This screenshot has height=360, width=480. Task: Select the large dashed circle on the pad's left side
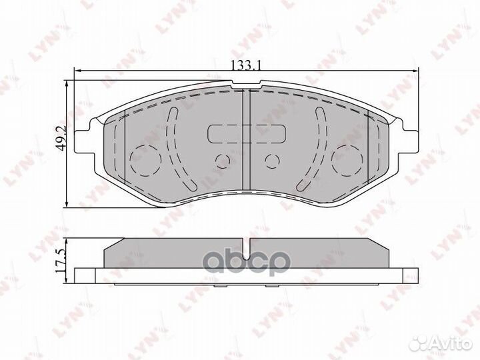[x=143, y=158]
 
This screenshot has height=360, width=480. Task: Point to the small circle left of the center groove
[x=222, y=160]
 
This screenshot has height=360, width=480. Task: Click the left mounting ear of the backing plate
[x=85, y=140]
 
